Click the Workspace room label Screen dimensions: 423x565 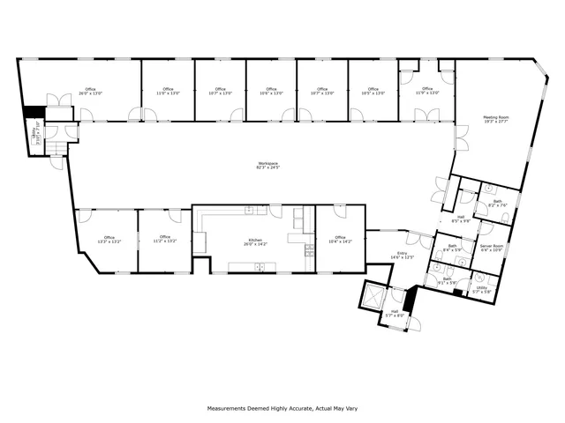267,165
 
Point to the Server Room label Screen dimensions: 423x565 492,248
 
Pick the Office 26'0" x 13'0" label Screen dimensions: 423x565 90,91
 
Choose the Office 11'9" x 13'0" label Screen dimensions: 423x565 426,91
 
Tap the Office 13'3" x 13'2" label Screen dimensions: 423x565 109,239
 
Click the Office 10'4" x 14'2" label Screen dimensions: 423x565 340,239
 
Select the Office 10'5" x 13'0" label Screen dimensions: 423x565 373,91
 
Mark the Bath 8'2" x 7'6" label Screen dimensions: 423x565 497,204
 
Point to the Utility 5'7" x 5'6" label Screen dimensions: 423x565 481,289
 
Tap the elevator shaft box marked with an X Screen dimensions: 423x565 372,295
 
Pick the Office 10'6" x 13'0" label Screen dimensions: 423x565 271,91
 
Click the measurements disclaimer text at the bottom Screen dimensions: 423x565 282,408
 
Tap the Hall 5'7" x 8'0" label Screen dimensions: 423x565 395,313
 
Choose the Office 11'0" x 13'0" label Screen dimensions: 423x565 168,91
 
